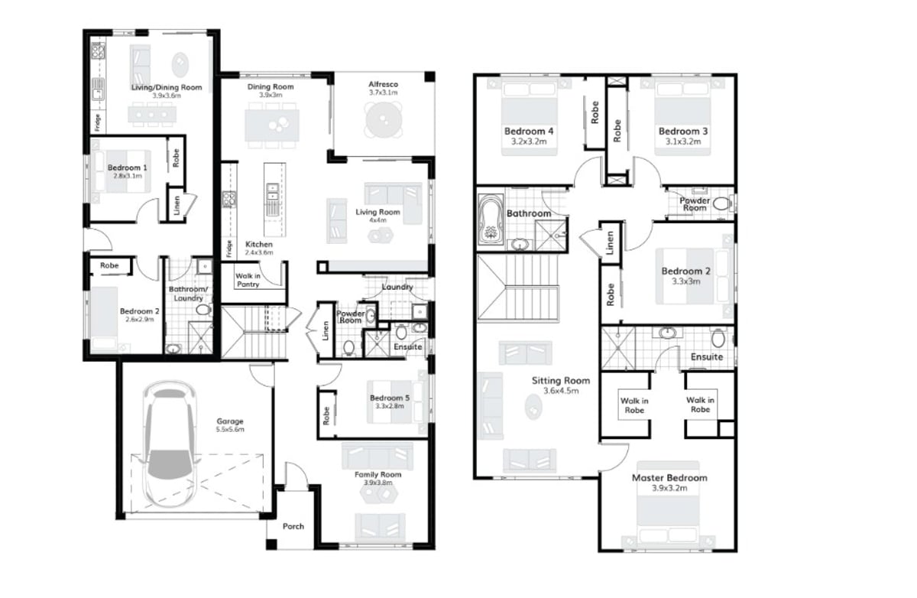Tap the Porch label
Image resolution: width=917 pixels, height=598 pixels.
[293, 526]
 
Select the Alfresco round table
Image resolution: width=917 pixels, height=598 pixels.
[384, 120]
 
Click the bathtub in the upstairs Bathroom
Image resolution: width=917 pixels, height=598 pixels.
[491, 219]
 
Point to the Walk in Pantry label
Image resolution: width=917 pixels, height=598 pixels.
[248, 280]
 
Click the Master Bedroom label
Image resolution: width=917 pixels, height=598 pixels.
[669, 478]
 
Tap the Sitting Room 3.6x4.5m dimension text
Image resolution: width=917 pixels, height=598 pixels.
[561, 391]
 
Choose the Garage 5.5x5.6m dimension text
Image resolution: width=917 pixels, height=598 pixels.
[230, 429]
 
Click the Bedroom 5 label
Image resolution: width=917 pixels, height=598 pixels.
[389, 398]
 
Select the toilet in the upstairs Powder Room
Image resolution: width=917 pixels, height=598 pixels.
[722, 203]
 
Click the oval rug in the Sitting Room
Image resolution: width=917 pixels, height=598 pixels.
[533, 406]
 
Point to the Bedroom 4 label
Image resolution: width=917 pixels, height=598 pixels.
[529, 131]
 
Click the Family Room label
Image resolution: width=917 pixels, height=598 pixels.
[377, 474]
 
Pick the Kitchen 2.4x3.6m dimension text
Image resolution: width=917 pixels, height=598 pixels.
[259, 252]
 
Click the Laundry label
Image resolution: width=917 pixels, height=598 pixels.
[397, 287]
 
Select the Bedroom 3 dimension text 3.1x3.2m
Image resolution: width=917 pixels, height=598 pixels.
[683, 141]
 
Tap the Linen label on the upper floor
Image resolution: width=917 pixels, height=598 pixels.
[610, 242]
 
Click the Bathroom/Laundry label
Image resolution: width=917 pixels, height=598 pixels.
[188, 294]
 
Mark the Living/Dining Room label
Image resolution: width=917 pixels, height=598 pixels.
[167, 87]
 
